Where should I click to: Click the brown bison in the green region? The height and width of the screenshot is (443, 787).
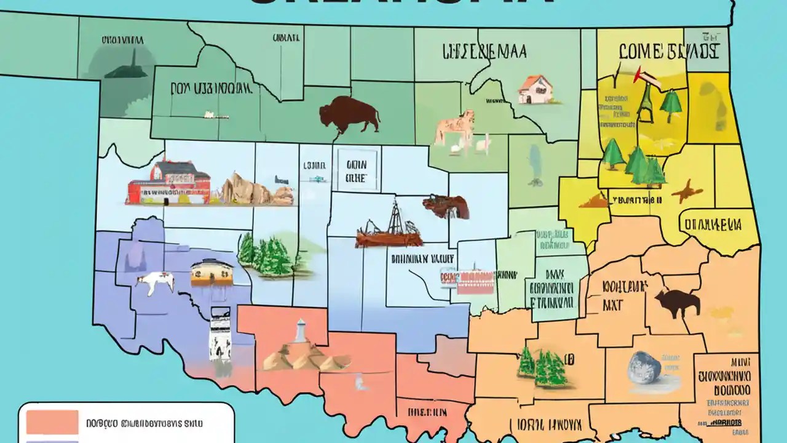click(x=349, y=114)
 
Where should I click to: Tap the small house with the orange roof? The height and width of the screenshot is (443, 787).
click(x=535, y=89)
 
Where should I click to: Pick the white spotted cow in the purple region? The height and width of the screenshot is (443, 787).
click(x=154, y=283)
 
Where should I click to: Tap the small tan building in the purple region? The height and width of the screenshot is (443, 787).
click(x=212, y=273)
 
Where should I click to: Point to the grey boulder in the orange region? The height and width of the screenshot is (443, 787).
click(x=644, y=368)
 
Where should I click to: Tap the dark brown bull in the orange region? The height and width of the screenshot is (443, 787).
click(x=677, y=303)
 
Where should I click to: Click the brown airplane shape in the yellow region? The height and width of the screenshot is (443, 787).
click(x=686, y=191)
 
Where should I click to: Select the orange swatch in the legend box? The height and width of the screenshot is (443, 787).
click(x=52, y=422)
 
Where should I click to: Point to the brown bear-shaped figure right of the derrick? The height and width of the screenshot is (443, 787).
click(x=446, y=207)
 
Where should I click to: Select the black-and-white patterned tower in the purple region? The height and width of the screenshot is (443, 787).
click(x=219, y=335)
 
